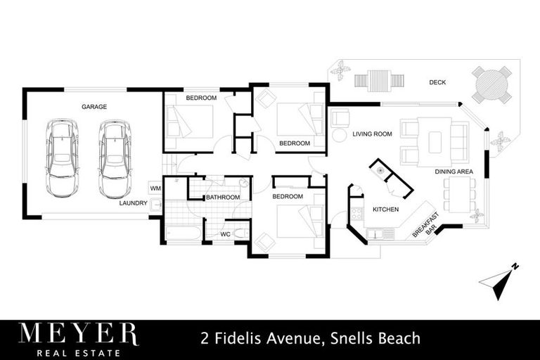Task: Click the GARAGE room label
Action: pyautogui.click(x=94, y=107)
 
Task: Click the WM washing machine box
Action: pyautogui.click(x=155, y=188)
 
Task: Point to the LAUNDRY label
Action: pyautogui.click(x=133, y=203)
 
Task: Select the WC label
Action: pyautogui.click(x=225, y=233)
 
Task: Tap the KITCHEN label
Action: pyautogui.click(x=385, y=210)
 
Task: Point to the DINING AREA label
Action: pyautogui.click(x=453, y=172)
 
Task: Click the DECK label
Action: pyautogui.click(x=437, y=83)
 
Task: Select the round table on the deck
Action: pyautogui.click(x=491, y=84)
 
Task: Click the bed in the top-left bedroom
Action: pyautogui.click(x=188, y=122)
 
